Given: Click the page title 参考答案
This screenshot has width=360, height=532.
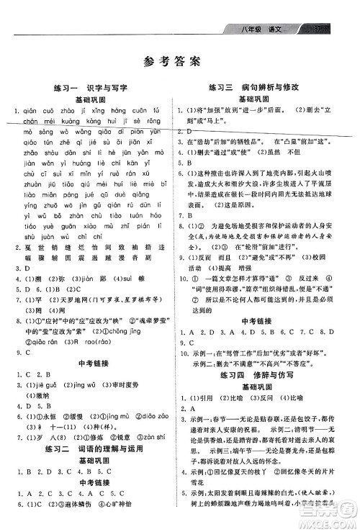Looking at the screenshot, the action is [x=179, y=60].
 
